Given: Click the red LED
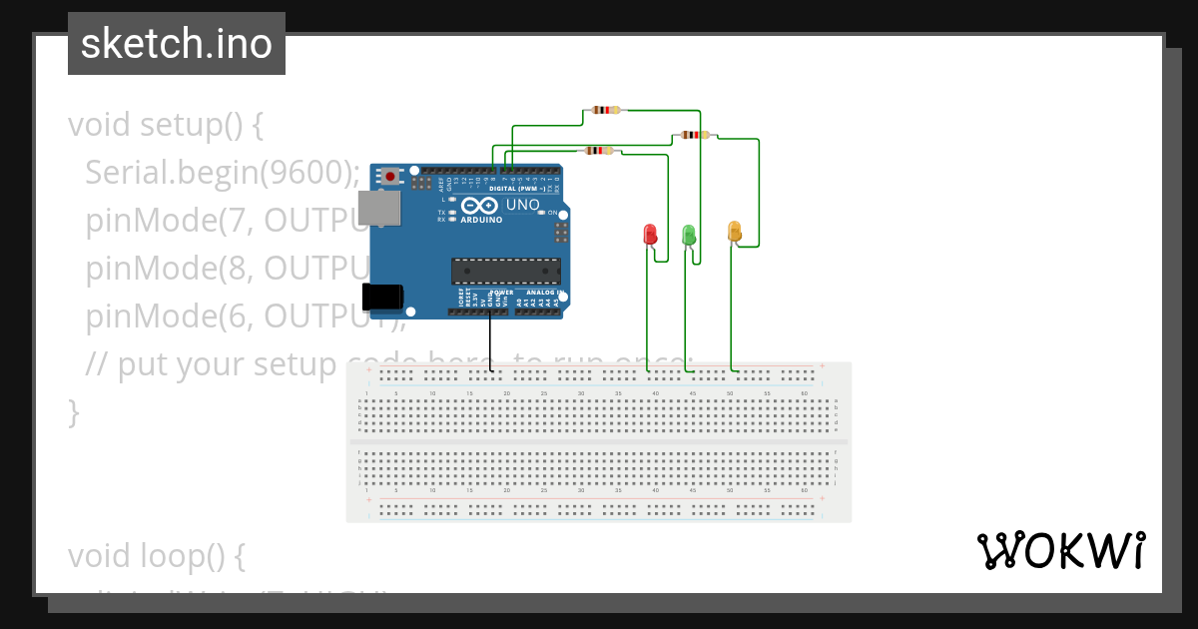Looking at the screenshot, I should pos(650,235).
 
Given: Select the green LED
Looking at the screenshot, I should pos(688,235).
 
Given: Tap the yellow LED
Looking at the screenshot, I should pos(735,232).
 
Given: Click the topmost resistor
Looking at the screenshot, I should pos(606,110).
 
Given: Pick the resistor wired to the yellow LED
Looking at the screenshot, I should pos(692,135).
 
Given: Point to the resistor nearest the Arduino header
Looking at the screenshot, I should pos(598,151).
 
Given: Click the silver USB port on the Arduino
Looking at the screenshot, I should pos(380,208).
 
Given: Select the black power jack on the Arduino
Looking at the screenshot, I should pos(382,297).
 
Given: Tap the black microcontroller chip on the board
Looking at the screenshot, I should pos(505,271).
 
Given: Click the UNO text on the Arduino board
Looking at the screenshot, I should pos(523,205).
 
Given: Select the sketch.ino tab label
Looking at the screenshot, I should pos(177,44).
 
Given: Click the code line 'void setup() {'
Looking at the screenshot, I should pos(166,125).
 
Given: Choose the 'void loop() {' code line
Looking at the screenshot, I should pos(156,554).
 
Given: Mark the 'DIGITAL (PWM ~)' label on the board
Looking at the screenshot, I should pos(517,188).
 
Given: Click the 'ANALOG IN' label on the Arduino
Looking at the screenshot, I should pos(540,293).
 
